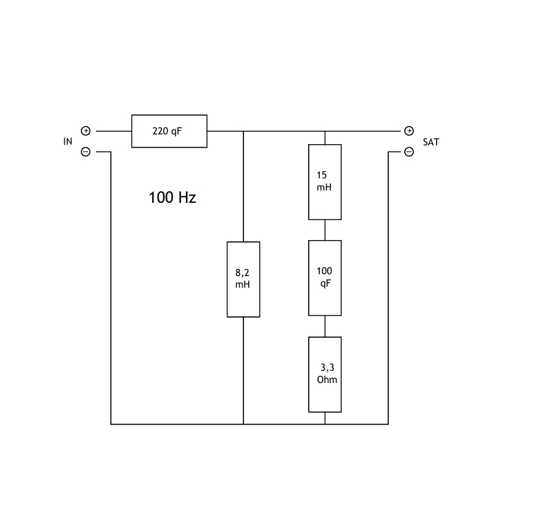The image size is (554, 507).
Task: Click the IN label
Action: coord(68,142)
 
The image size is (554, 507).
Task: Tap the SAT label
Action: coord(431,142)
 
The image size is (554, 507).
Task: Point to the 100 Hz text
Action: coord(172,197)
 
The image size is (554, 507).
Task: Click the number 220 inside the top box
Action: coord(160,131)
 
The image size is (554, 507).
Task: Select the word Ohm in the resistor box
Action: coord(327,380)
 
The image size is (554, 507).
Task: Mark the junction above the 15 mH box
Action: coord(325,131)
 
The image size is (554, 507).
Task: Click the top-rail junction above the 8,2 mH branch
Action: coord(243,131)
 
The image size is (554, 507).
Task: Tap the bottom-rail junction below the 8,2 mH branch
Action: coord(243,424)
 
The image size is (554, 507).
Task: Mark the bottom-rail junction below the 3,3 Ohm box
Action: coord(325,424)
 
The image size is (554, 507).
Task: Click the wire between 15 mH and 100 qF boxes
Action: coord(325,230)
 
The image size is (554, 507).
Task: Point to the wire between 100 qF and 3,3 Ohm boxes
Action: coord(325,326)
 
